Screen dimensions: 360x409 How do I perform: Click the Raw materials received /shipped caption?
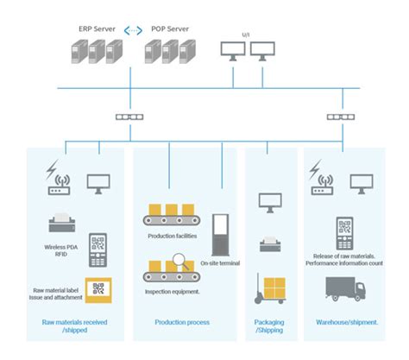point(75,326)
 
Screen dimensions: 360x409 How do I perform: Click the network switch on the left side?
point(129,117)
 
